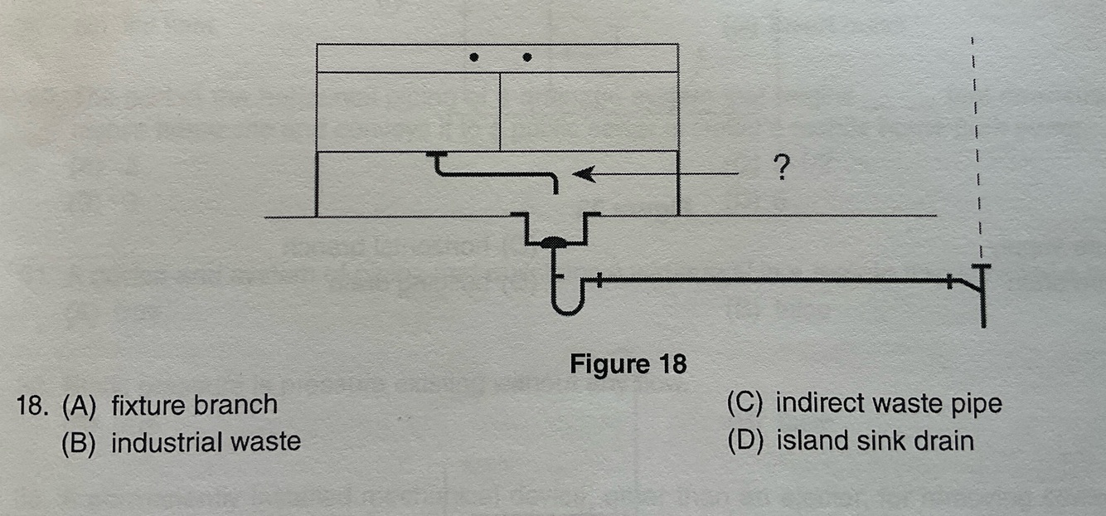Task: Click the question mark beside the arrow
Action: tap(779, 170)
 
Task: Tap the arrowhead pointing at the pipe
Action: tap(584, 174)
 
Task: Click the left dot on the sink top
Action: tap(473, 57)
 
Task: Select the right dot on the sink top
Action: tap(526, 57)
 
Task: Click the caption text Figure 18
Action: tap(628, 364)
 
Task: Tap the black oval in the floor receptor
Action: tap(553, 243)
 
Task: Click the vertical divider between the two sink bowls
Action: tap(499, 111)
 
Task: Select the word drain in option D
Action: tap(940, 440)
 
